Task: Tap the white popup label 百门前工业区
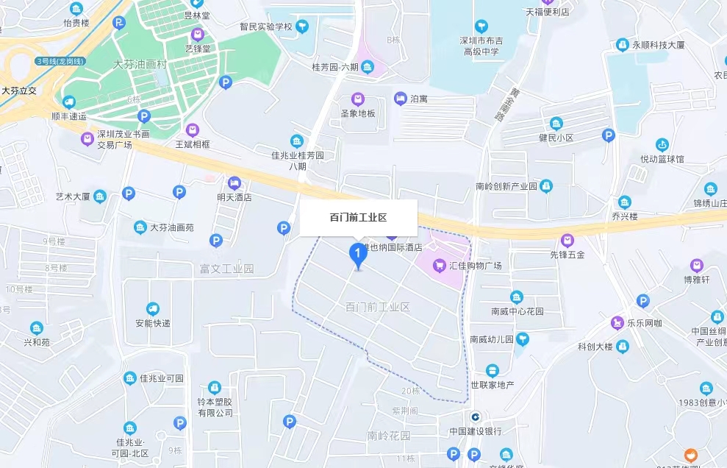pos(358,217)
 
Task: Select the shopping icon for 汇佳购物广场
pos(440,265)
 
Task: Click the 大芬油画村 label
pos(140,65)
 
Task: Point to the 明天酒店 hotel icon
pos(234,182)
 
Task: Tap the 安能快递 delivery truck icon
pos(153,308)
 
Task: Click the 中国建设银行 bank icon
pos(476,416)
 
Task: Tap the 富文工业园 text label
pos(226,269)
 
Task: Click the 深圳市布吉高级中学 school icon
pos(481,26)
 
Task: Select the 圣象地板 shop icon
pos(357,99)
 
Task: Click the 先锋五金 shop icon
pos(567,240)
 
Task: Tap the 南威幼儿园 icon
pos(522,339)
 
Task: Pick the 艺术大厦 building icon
pos(99,196)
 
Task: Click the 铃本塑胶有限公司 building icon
pos(214,387)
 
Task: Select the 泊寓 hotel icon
pos(401,98)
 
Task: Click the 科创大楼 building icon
pos(623,346)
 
